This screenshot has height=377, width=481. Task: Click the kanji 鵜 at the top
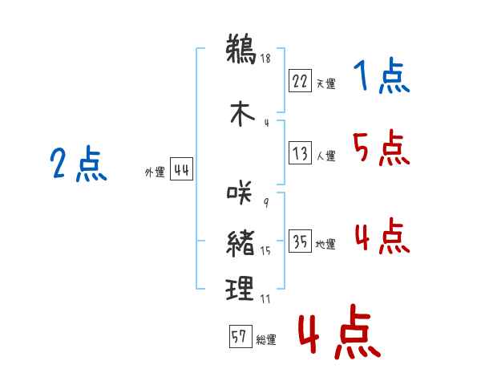coord(240,49)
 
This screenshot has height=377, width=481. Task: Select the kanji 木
coord(242,113)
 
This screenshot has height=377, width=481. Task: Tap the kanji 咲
coord(240,193)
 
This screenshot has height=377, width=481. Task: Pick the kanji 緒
coord(240,244)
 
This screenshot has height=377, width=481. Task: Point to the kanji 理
coord(240,288)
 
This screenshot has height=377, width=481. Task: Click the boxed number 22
coord(300,81)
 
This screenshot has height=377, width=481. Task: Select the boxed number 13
coord(300,152)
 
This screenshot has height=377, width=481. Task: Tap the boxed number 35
coord(300,241)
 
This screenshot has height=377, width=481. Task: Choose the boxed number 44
coord(182,169)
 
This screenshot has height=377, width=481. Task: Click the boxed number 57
coord(240,336)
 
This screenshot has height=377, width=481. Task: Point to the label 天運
coord(326,83)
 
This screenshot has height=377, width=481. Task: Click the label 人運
coord(326,156)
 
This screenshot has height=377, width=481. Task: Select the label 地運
coord(325,245)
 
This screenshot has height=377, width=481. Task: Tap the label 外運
coord(155,172)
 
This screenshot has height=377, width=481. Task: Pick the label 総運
coord(266,340)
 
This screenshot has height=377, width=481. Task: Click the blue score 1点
coord(382,75)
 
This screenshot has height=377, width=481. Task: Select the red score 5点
coord(382,148)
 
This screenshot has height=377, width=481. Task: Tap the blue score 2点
coord(79,164)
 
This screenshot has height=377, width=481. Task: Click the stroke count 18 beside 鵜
coord(265,58)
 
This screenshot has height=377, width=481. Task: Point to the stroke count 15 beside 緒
coord(265,251)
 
